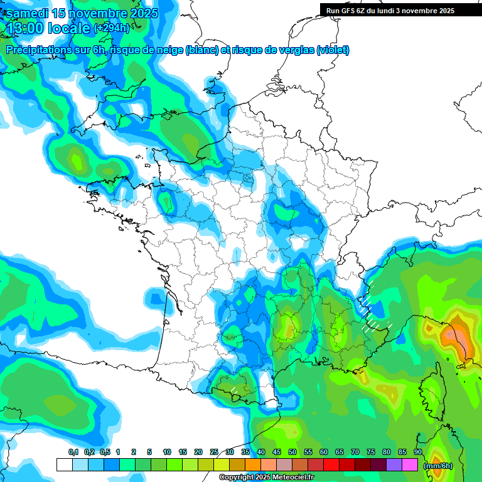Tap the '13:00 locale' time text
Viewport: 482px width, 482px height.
coord(48,28)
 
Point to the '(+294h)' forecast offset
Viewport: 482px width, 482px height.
coord(111,28)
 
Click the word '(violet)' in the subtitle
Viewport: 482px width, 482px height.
coord(333,50)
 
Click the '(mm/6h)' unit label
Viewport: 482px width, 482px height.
coord(438,466)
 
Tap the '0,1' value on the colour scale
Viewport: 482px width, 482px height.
coord(73,453)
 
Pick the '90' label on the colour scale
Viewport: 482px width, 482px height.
coord(418,453)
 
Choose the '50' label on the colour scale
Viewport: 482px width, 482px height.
coord(292,453)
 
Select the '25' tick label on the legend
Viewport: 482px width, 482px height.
coord(214,453)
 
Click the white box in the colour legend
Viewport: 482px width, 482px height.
coord(65,465)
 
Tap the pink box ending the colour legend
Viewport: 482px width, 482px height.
coord(410,465)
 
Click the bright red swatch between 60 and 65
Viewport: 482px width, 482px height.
coord(331,465)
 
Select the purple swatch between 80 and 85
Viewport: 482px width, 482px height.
coord(394,465)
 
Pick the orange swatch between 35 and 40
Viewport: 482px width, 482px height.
coord(253,465)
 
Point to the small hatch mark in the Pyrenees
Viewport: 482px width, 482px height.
coord(233,390)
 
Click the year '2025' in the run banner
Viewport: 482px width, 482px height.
coord(446,11)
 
